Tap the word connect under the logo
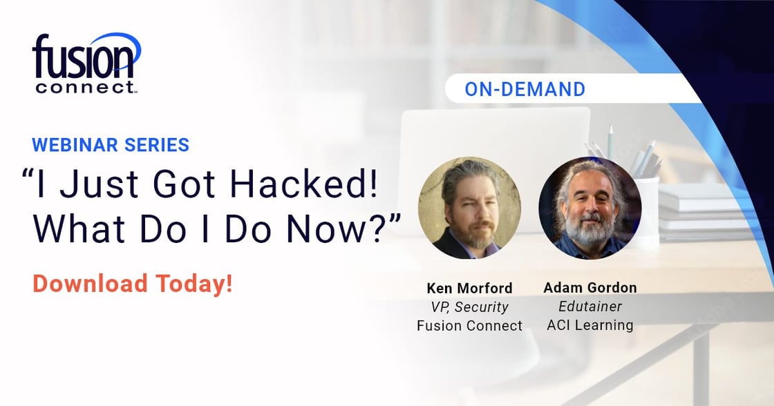tap(85, 88)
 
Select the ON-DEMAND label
tap(525, 89)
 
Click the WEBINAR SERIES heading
tap(111, 144)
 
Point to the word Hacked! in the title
tap(304, 184)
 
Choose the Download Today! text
tap(132, 284)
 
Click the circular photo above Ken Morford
tap(469, 208)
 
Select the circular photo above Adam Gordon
tap(590, 208)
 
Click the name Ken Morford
tap(469, 288)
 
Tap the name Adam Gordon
tap(590, 287)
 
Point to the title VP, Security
tap(469, 307)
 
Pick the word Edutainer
tap(590, 307)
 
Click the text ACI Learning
tap(590, 325)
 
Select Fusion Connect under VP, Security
tap(469, 326)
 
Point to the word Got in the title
tap(184, 184)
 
